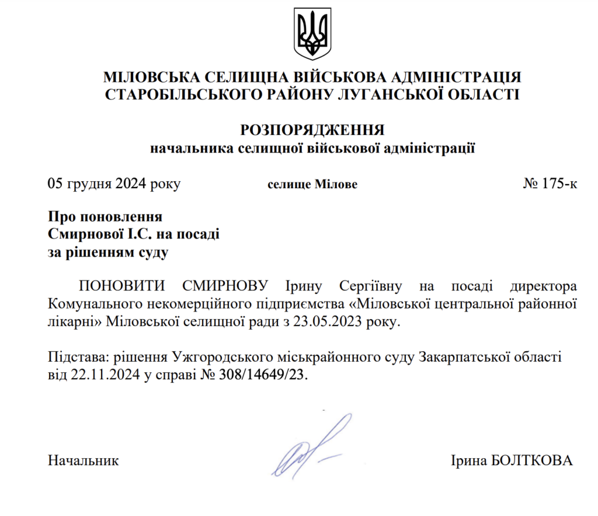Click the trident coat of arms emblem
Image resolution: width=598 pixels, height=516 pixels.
tap(311, 33)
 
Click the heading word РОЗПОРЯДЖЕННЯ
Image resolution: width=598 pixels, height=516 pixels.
tap(312, 130)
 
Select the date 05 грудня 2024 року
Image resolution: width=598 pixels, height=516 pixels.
tap(114, 184)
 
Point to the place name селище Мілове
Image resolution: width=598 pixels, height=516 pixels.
tap(312, 185)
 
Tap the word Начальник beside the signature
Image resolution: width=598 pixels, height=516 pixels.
tap(84, 460)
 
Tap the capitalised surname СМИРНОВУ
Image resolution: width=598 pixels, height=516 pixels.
tap(225, 286)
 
